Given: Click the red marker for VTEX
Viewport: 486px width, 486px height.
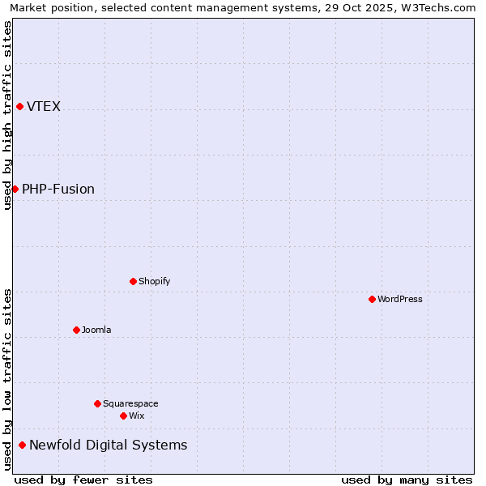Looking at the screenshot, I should [x=19, y=106].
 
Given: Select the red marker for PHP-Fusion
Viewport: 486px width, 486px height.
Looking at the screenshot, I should [x=15, y=189].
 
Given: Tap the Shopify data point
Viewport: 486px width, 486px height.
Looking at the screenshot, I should [x=133, y=281].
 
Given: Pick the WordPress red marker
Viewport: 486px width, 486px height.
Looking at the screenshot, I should [x=372, y=299].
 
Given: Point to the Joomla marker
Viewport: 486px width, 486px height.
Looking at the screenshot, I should [x=76, y=330].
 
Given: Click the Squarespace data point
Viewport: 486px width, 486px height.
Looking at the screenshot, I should [x=97, y=403].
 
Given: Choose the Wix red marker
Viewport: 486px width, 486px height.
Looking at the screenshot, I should [x=123, y=416].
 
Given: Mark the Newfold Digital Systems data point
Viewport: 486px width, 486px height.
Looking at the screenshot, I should [x=22, y=445].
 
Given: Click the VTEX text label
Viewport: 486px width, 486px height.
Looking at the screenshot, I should [x=44, y=107].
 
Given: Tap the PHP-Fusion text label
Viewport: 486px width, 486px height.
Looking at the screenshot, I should [x=58, y=190].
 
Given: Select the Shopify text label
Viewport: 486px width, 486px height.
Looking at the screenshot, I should [x=154, y=282].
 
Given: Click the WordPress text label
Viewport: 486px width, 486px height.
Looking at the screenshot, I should [x=399, y=300].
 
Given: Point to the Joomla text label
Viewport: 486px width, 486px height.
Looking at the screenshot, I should [x=96, y=330].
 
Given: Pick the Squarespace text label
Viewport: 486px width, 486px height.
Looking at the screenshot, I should [x=130, y=404].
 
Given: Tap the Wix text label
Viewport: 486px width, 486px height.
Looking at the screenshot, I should [x=136, y=416].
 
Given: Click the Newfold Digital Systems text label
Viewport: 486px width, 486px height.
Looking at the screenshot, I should [x=108, y=446].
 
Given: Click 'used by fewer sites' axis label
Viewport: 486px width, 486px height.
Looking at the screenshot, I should [x=83, y=480].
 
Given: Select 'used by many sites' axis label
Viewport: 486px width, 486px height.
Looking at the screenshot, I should [x=407, y=480].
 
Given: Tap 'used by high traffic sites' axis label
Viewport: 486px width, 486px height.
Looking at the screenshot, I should [x=7, y=115].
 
